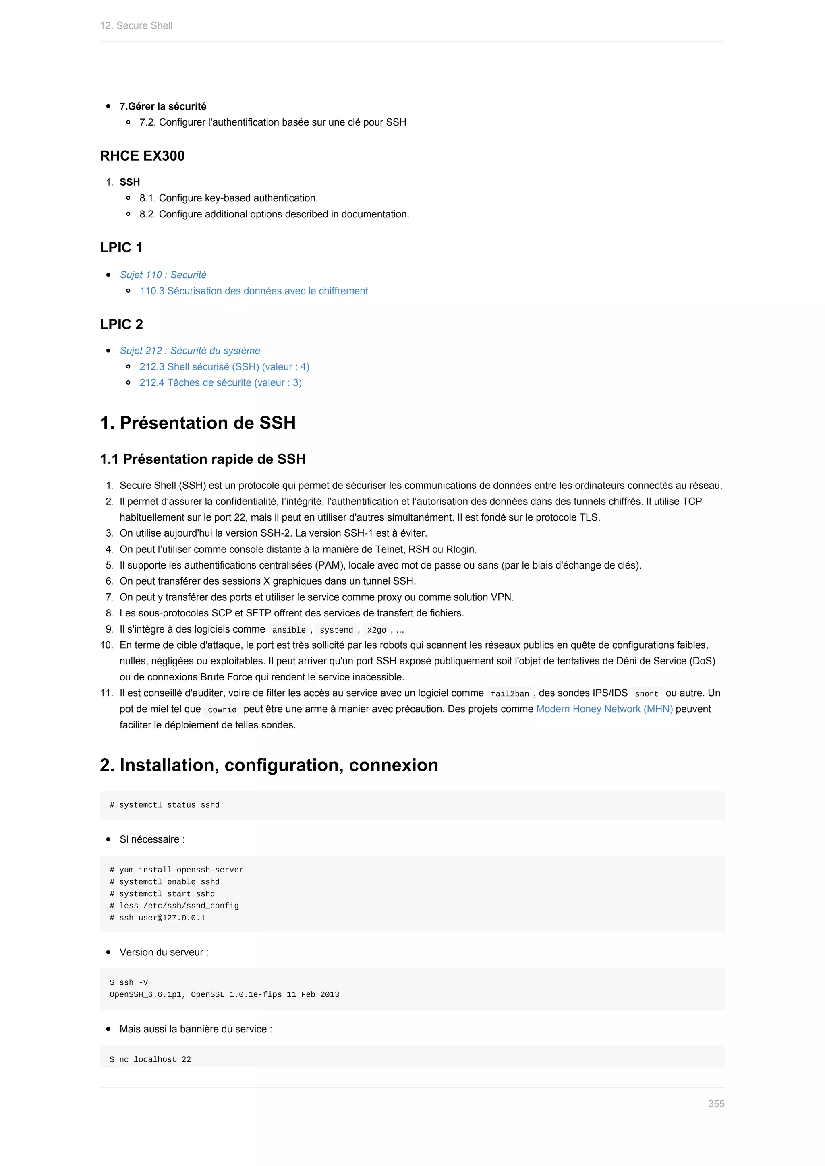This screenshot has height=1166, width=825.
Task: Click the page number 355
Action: pyautogui.click(x=716, y=1104)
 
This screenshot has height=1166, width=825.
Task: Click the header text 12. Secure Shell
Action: pyautogui.click(x=136, y=25)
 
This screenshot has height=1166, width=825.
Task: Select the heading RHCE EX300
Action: pyautogui.click(x=142, y=156)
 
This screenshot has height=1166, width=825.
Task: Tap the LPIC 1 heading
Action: pyautogui.click(x=121, y=248)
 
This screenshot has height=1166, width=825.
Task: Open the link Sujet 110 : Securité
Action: pyautogui.click(x=163, y=275)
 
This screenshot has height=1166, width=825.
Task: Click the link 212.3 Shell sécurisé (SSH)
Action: pyautogui.click(x=224, y=367)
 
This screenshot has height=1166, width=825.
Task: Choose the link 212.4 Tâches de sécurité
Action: pyautogui.click(x=220, y=382)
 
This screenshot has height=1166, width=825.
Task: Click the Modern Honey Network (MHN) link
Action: pyautogui.click(x=604, y=709)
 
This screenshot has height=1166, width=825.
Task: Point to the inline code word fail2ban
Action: pyautogui.click(x=510, y=694)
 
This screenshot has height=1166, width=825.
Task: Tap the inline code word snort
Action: pyautogui.click(x=646, y=694)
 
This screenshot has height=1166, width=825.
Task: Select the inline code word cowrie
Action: pyautogui.click(x=222, y=710)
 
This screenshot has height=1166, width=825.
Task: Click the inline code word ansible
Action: pyautogui.click(x=288, y=630)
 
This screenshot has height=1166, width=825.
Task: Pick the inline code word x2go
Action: pyautogui.click(x=376, y=630)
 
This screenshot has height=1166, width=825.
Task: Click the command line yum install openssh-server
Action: pyautogui.click(x=176, y=870)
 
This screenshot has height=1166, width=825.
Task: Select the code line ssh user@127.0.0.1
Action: pyautogui.click(x=158, y=918)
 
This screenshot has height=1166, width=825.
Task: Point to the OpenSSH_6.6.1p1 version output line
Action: pyautogui.click(x=224, y=994)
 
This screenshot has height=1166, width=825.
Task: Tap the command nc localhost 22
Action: pyautogui.click(x=150, y=1059)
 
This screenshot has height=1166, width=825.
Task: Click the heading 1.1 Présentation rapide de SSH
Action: pyautogui.click(x=203, y=459)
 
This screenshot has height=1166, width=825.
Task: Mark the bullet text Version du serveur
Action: pyautogui.click(x=164, y=952)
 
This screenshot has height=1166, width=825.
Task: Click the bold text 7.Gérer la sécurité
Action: pyautogui.click(x=163, y=106)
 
